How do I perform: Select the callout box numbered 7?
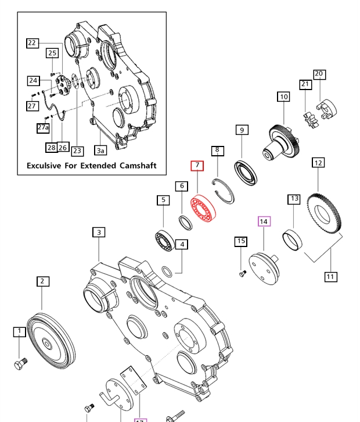pyautogui.click(x=197, y=166)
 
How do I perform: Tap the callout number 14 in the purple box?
pyautogui.click(x=264, y=221)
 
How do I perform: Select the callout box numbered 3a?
pyautogui.click(x=100, y=151)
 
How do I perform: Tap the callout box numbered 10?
pyautogui.click(x=283, y=97)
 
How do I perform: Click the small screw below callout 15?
pyautogui.click(x=242, y=273)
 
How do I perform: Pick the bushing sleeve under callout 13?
pyautogui.click(x=291, y=239)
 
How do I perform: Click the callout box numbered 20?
pyautogui.click(x=319, y=74)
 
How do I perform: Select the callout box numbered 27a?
pyautogui.click(x=44, y=127)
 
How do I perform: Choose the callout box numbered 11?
pyautogui.click(x=330, y=277)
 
